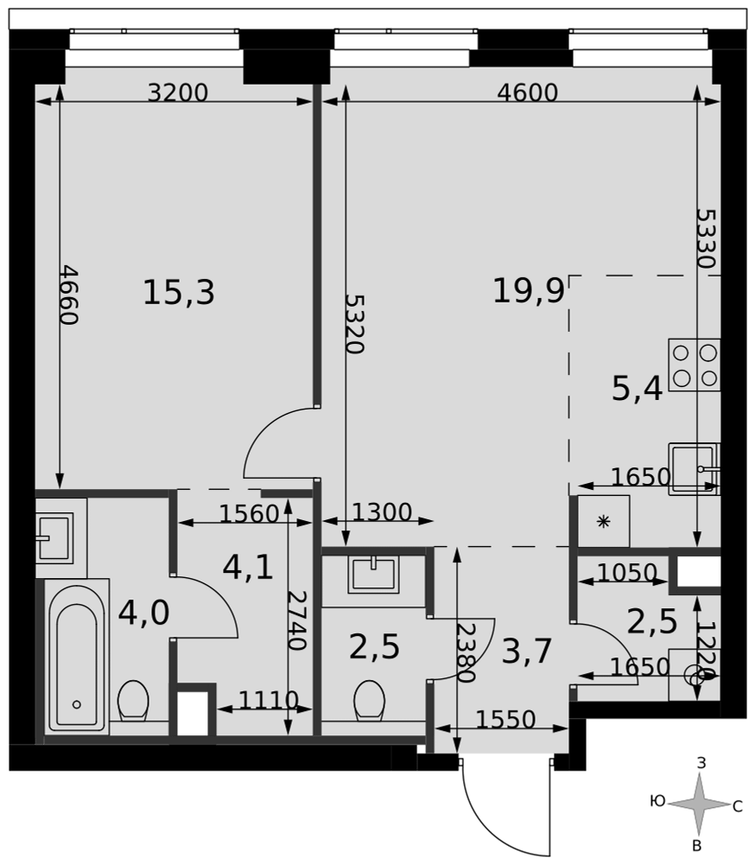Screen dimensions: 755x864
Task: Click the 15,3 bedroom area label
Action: pyautogui.click(x=179, y=292)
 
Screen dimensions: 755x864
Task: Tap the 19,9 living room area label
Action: pyautogui.click(x=529, y=290)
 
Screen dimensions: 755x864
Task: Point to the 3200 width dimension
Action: pyautogui.click(x=177, y=92)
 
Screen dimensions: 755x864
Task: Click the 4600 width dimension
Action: pyautogui.click(x=528, y=92)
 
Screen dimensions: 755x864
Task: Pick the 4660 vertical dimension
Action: pyautogui.click(x=69, y=295)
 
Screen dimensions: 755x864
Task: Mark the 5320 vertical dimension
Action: pyautogui.click(x=354, y=323)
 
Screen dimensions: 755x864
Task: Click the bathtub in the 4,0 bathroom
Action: pyautogui.click(x=77, y=658)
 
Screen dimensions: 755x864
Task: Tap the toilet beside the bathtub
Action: pyautogui.click(x=133, y=701)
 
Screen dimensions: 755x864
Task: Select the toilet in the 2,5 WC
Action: pyautogui.click(x=369, y=701)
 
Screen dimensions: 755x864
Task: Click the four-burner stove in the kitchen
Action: pyautogui.click(x=695, y=365)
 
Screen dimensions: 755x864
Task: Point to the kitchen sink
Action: pyautogui.click(x=695, y=469)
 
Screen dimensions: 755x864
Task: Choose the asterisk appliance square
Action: pyautogui.click(x=604, y=521)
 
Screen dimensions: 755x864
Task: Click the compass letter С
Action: pyautogui.click(x=738, y=808)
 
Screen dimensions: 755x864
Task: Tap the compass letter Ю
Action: pyautogui.click(x=658, y=801)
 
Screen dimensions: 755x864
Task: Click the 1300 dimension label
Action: pyautogui.click(x=381, y=512)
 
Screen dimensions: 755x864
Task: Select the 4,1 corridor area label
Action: pyautogui.click(x=248, y=568)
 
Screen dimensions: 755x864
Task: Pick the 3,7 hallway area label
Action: pyautogui.click(x=527, y=651)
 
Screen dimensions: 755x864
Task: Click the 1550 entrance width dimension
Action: pyautogui.click(x=505, y=719)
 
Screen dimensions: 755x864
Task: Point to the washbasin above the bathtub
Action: pyautogui.click(x=54, y=537)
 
